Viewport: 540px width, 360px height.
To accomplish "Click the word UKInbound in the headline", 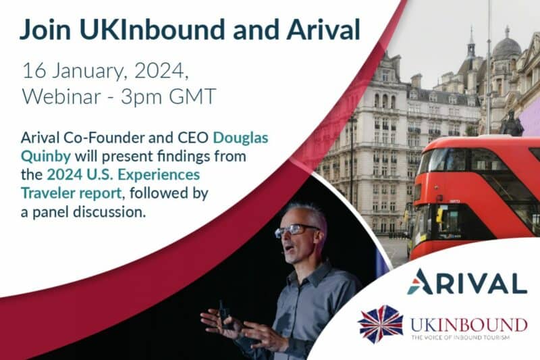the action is tap(152, 30).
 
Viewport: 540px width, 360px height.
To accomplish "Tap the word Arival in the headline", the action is tap(323, 30).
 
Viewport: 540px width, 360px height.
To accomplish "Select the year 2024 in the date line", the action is tap(160, 72).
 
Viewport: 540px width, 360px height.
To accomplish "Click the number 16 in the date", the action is tap(34, 71).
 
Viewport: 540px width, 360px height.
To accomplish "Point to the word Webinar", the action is tap(61, 96).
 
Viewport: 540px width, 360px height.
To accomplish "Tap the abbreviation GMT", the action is tap(192, 96).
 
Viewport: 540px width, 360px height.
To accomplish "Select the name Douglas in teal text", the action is tap(240, 138).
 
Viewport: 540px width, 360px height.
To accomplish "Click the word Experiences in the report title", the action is tap(159, 175).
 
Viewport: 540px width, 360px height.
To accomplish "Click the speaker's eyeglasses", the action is tap(296, 230).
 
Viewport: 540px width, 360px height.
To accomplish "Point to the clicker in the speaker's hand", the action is tap(225, 313).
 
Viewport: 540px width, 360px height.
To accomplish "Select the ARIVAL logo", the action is tap(467, 282).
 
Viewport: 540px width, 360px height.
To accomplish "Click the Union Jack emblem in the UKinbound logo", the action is tap(380, 324).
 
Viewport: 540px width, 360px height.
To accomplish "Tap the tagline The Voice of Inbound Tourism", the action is tap(460, 338).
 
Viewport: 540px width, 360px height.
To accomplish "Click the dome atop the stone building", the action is tap(507, 47).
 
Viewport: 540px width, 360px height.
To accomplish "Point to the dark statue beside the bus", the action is tap(512, 124).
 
